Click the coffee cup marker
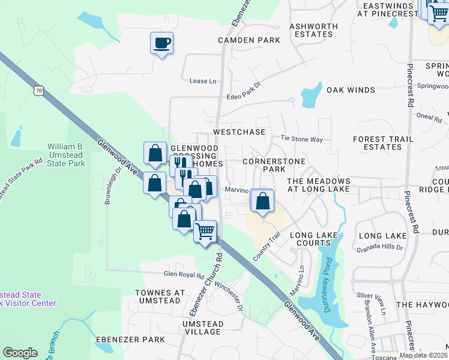point(161,43)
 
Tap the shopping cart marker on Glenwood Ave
point(205,231)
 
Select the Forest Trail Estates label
point(382,143)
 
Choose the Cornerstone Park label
point(274,166)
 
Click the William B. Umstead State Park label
point(66,155)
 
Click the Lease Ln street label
point(202,81)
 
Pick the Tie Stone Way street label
point(302,139)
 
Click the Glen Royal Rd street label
point(184,275)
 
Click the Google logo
point(20,353)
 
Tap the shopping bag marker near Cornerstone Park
point(262,200)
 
